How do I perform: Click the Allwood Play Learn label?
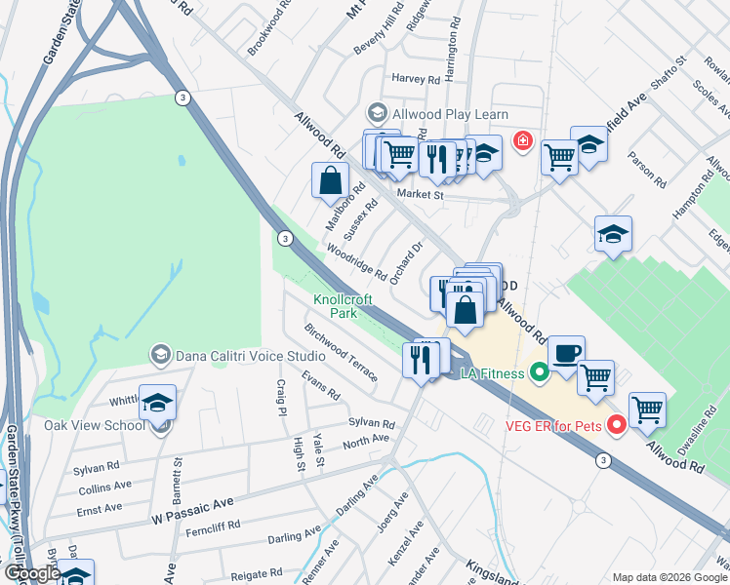(x=450, y=114)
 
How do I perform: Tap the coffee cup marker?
(x=565, y=352)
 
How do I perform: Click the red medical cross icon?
(x=523, y=141)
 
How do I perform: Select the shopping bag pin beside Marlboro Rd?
(x=331, y=179)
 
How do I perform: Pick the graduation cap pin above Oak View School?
(x=157, y=404)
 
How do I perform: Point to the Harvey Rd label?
(x=416, y=79)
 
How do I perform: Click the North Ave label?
(x=366, y=441)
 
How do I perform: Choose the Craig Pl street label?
(x=280, y=399)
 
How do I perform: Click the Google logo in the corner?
(x=32, y=573)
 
